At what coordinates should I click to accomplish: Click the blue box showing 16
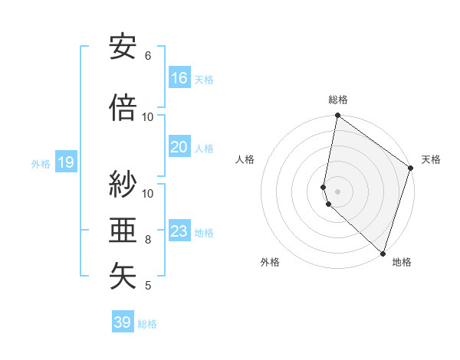179,78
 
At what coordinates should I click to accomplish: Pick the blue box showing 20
179,147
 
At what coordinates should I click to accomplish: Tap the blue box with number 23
179,231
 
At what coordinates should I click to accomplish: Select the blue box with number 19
65,162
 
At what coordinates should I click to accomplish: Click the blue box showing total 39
123,322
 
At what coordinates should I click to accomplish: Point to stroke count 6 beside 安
148,56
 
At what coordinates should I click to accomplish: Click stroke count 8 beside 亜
148,240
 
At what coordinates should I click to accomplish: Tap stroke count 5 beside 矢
148,286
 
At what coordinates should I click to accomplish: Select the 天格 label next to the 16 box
204,80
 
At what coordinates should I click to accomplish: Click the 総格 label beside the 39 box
147,324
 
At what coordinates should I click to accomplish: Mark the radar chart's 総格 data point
337,116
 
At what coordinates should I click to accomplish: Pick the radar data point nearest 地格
383,254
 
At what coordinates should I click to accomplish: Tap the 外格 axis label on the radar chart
270,263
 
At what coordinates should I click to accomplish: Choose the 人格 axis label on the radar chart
245,159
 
